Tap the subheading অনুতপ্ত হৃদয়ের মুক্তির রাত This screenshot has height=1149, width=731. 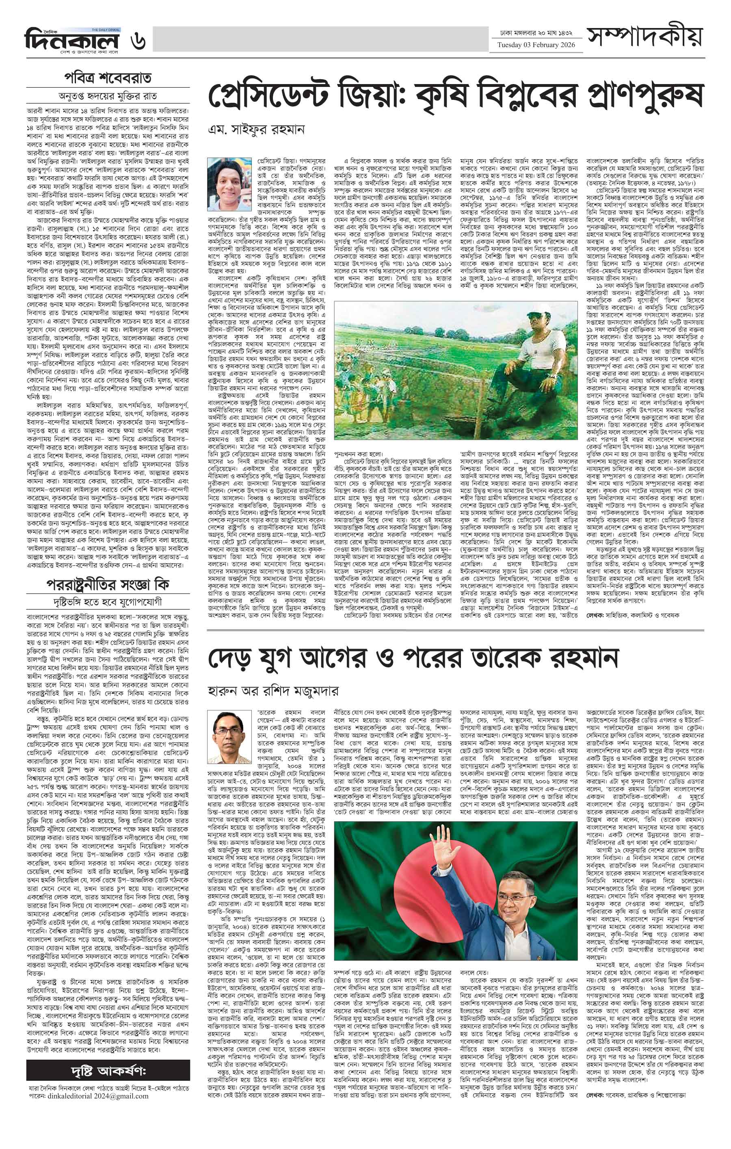[108, 95]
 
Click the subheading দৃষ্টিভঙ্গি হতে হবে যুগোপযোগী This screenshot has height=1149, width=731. [108, 601]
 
